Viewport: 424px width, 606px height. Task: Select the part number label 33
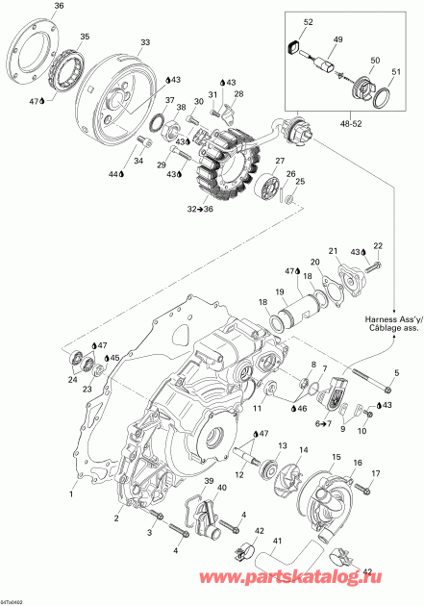tap(145, 42)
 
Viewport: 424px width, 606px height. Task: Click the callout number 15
tap(337, 457)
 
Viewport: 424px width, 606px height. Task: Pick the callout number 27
tap(280, 161)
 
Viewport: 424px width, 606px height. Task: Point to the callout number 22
tap(378, 246)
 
